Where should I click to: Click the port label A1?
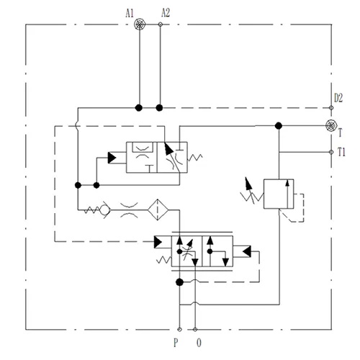(129, 12)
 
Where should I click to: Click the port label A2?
(166, 12)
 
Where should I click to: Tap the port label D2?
(338, 97)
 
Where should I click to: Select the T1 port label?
(343, 152)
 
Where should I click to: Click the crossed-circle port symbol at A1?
(140, 24)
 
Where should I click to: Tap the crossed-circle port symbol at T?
(331, 125)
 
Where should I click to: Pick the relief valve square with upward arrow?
(278, 193)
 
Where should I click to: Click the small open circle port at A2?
(160, 24)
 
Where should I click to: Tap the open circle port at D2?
(331, 108)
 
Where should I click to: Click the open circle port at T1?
(331, 152)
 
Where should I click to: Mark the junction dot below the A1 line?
(140, 108)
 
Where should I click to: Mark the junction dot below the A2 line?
(160, 108)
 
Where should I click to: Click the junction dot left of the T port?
(279, 125)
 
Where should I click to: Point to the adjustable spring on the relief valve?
(248, 192)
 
